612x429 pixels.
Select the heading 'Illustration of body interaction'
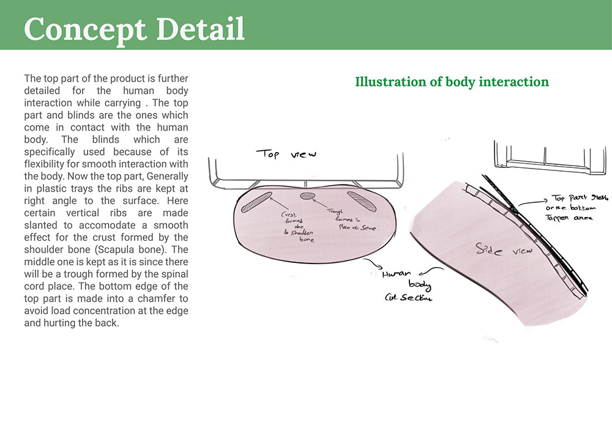(452, 82)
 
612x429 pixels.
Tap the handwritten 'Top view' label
(286, 154)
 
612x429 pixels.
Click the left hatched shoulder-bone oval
(256, 202)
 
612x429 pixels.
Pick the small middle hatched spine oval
(307, 196)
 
